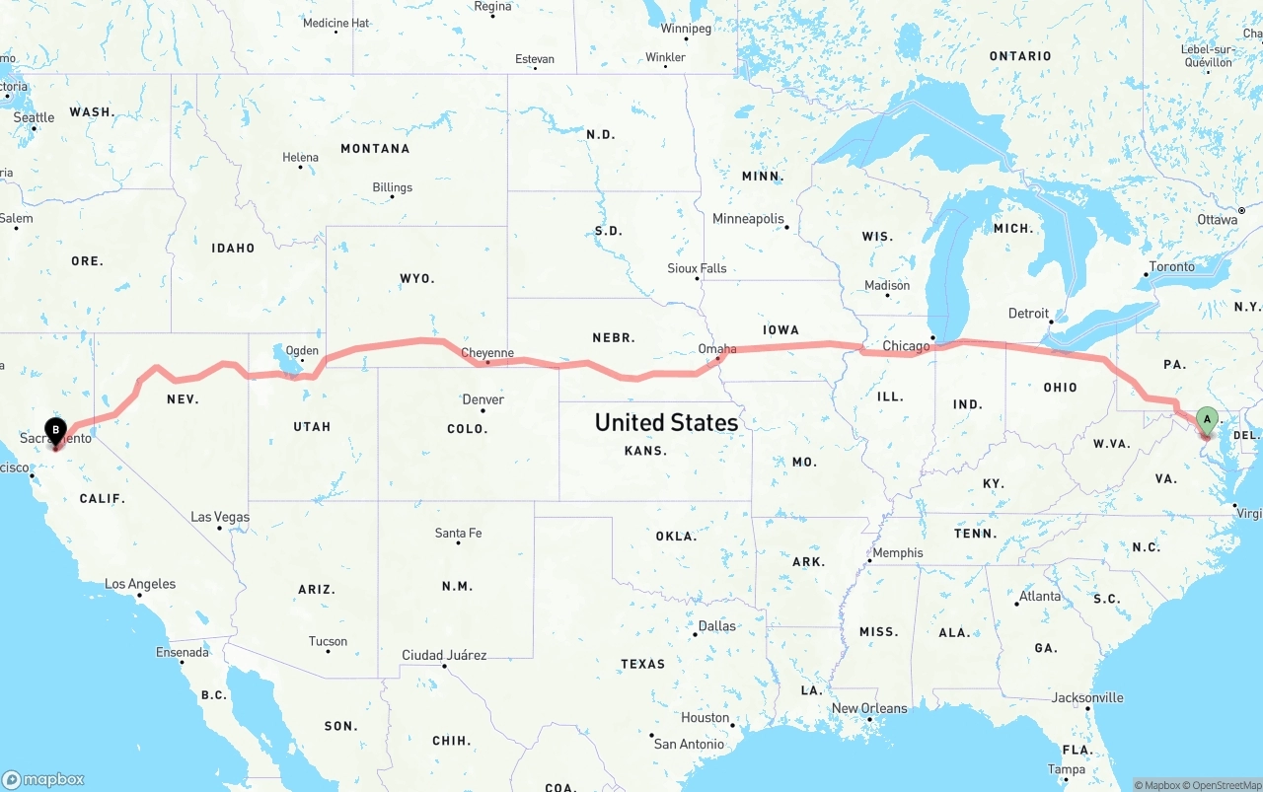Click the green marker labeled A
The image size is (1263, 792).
tap(1206, 421)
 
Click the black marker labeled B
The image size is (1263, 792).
tap(56, 429)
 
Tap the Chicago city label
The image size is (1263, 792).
tap(906, 346)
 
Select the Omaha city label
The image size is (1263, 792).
tap(717, 349)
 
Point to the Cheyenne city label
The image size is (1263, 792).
tap(487, 353)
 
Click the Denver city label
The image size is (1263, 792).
tap(483, 399)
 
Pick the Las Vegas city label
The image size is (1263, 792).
tap(220, 517)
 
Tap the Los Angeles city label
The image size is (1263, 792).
tap(140, 584)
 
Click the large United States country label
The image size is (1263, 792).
tap(666, 422)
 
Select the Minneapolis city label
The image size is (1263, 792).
tap(749, 219)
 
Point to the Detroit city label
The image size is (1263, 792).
tap(1029, 314)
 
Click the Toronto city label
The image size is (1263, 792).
tap(1172, 267)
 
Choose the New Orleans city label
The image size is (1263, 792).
tap(869, 708)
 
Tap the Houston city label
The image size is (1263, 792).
tap(706, 718)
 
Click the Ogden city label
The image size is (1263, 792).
tap(302, 351)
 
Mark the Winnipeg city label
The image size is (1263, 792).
tap(686, 29)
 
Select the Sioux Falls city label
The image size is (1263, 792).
tap(697, 268)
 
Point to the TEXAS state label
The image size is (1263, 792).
tap(643, 664)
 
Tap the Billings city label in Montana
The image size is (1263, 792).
tap(393, 187)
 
